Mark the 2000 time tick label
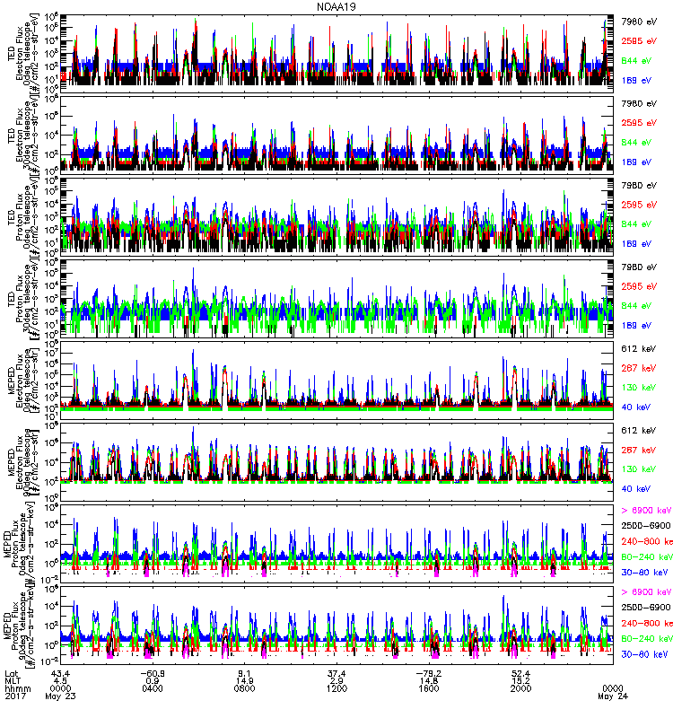(x=520, y=689)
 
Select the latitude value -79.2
(x=428, y=673)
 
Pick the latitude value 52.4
(x=520, y=673)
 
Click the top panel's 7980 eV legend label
(x=640, y=20)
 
